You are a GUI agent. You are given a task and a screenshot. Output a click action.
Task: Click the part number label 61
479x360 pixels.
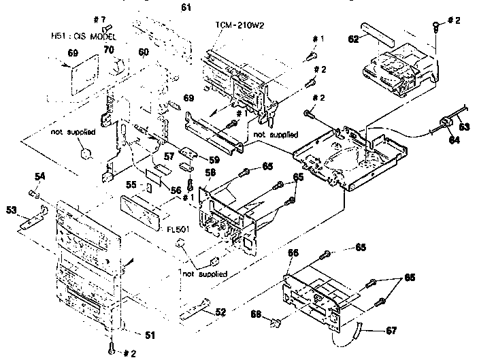(x=186, y=7)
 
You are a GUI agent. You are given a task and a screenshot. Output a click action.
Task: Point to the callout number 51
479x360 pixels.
(x=148, y=334)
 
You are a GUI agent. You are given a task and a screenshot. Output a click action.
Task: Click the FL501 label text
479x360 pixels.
(x=178, y=230)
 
